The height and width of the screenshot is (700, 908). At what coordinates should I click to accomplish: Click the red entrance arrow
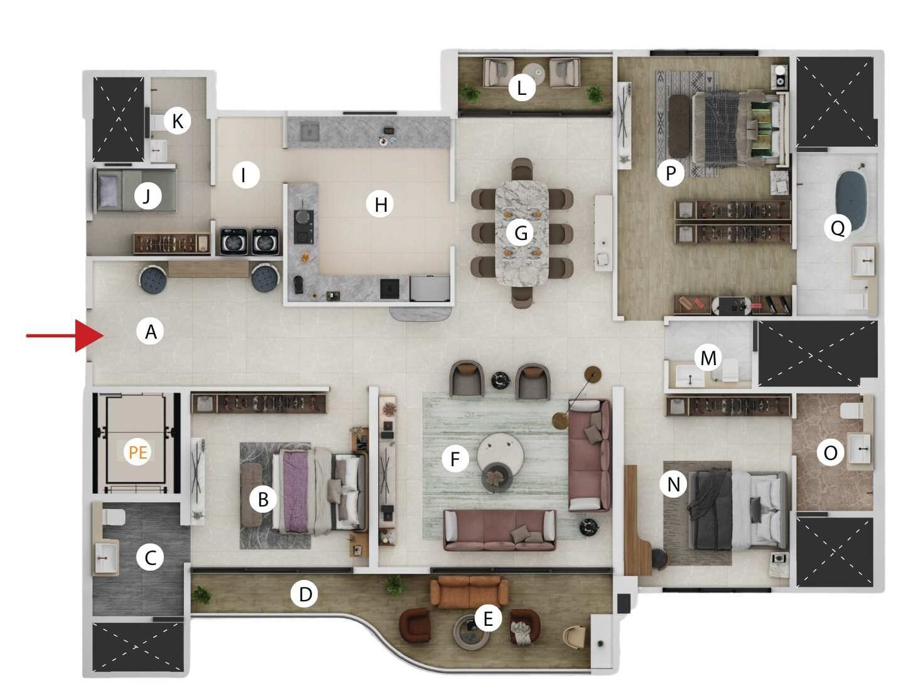coord(65,336)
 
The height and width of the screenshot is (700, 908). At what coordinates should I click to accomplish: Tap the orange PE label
coord(138,452)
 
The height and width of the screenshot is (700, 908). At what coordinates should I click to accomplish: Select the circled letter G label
coord(520,233)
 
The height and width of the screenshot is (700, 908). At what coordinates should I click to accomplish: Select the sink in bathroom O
coord(859,448)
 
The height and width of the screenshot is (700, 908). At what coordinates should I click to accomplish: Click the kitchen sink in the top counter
coord(309,132)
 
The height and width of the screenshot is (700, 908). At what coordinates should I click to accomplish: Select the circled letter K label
coord(177,121)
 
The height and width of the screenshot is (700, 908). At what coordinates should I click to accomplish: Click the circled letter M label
coord(708,358)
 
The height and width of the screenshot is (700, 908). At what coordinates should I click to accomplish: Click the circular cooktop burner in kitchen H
coord(304,217)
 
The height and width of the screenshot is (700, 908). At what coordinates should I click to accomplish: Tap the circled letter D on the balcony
coord(305,594)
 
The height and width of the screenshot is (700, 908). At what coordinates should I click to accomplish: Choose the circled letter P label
coord(670,172)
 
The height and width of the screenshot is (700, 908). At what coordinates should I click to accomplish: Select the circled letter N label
coord(673,484)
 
